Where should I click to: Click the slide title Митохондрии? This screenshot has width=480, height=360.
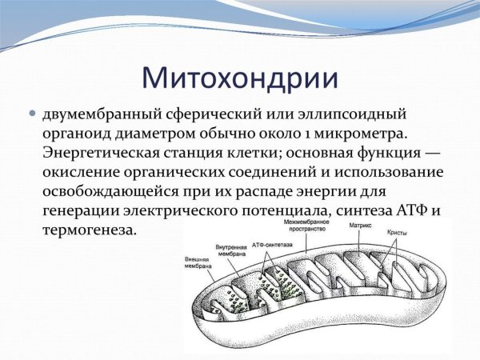click(240, 78)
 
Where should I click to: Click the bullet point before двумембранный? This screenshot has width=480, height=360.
click(34, 114)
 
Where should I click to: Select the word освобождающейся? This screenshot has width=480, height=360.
click(119, 191)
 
